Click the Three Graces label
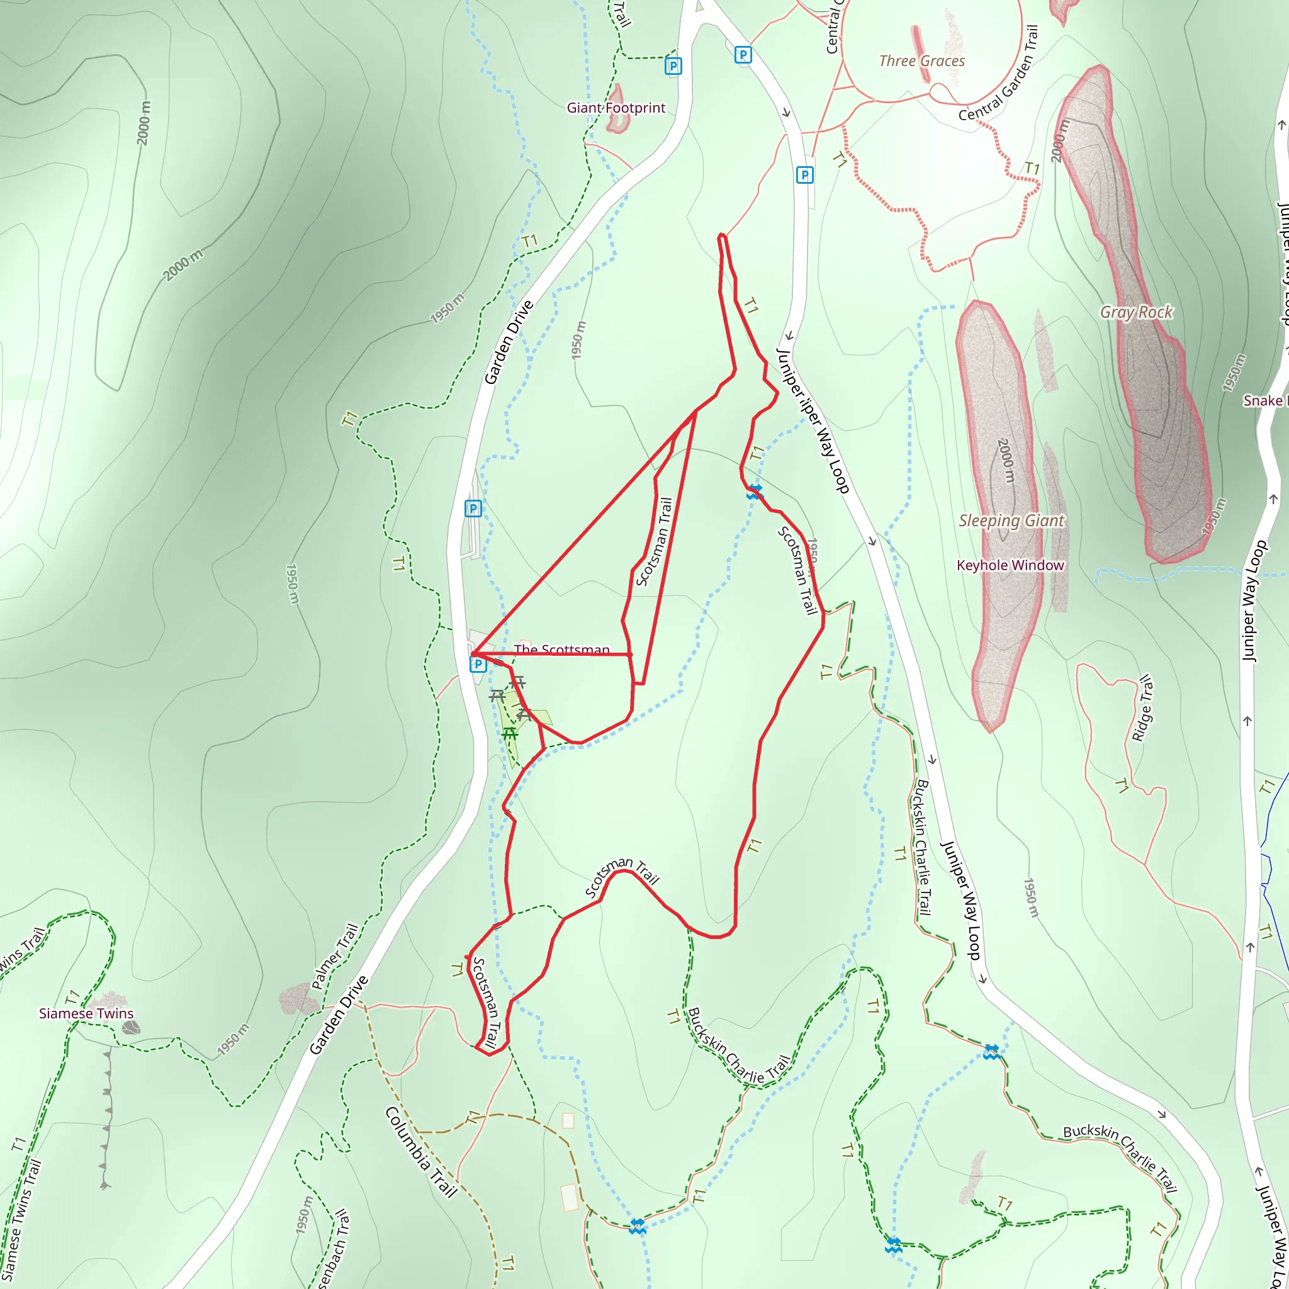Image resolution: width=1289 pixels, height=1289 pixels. click(x=922, y=60)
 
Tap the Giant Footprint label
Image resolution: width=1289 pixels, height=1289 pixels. click(x=616, y=108)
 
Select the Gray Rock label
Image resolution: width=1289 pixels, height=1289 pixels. click(x=1136, y=312)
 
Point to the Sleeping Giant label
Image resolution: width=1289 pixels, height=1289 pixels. click(x=1011, y=521)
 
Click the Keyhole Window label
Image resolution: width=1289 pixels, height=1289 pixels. click(x=1010, y=565)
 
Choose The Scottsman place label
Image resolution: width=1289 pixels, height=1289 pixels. click(x=561, y=649)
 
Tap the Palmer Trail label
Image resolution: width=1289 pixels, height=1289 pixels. click(x=335, y=956)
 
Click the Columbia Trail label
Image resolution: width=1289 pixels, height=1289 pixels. click(x=421, y=1152)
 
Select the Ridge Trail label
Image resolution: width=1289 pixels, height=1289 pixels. click(x=1142, y=709)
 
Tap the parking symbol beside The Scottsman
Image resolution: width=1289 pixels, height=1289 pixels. click(x=478, y=664)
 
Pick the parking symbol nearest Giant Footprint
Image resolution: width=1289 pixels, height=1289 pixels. click(x=673, y=66)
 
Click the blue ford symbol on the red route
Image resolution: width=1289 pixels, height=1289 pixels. click(x=754, y=492)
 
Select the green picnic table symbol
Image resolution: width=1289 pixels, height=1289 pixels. click(x=510, y=734)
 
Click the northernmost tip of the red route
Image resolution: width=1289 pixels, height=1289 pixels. click(x=721, y=235)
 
